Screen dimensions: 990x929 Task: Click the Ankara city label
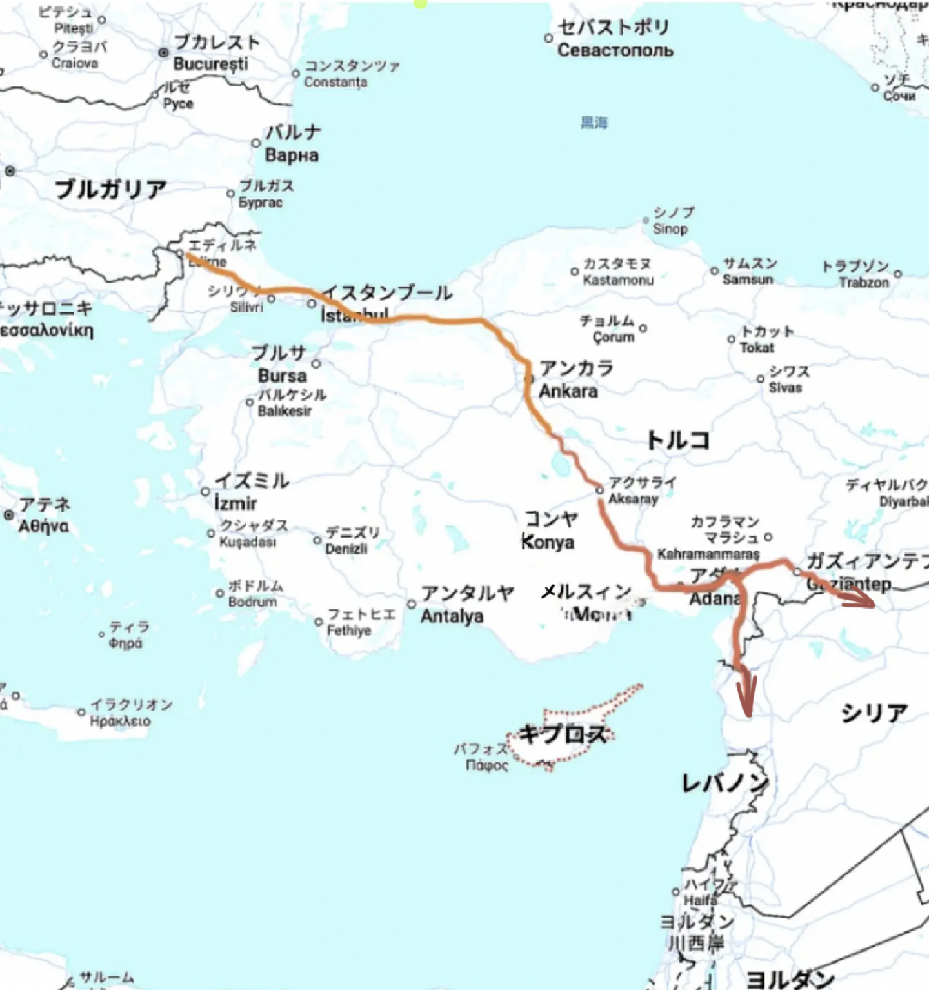568,390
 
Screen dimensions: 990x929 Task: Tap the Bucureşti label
210,64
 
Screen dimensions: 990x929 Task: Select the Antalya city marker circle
412,604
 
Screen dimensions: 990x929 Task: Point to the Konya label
548,542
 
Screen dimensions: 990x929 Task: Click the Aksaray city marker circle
599,490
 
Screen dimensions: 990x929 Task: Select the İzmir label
235,503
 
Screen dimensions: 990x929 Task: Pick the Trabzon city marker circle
897,274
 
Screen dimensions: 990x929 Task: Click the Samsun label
748,279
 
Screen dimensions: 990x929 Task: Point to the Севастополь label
615,50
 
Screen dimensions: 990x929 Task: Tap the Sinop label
670,228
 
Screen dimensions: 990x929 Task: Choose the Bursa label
282,376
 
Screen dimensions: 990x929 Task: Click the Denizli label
346,549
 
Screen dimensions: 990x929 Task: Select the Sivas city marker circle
761,379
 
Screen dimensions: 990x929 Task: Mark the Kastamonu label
618,280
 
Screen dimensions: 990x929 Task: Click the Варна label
292,156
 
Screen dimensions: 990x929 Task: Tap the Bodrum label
252,601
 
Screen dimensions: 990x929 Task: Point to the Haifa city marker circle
675,892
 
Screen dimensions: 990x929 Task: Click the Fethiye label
349,630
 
